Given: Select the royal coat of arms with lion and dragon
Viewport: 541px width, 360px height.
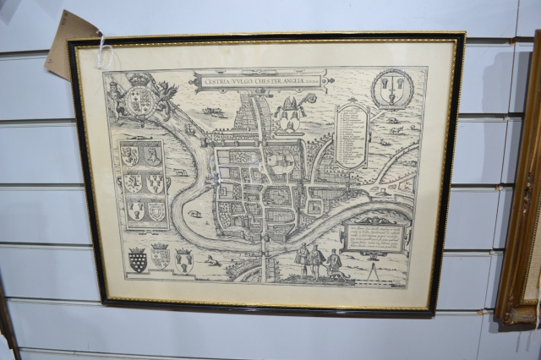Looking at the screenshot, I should (x=140, y=99).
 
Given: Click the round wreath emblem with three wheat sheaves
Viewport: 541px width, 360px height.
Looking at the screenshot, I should (x=393, y=90).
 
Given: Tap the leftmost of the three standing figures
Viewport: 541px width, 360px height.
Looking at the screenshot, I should (x=302, y=260).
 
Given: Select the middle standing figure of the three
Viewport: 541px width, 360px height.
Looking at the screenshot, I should (x=316, y=261).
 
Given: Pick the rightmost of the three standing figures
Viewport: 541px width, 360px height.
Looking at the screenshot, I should (x=334, y=264).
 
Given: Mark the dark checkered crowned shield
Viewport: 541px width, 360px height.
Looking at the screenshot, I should (x=137, y=261).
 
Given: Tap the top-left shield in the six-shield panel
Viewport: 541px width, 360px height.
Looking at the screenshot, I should (x=129, y=156).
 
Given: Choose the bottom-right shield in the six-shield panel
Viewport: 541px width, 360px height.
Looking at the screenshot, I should (x=156, y=211).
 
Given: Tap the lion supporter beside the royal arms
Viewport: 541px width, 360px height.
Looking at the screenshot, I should (x=115, y=97).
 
